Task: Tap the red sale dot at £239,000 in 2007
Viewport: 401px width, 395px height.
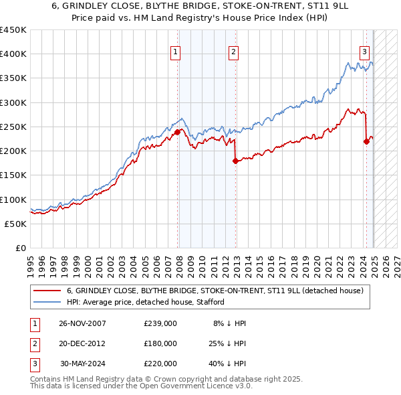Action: tap(178, 133)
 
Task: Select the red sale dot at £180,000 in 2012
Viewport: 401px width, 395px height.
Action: tap(235, 161)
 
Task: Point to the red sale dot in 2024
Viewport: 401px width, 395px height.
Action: tap(366, 141)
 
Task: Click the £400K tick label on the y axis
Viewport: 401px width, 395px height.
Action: tap(14, 54)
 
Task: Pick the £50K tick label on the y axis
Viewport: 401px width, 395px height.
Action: tap(17, 224)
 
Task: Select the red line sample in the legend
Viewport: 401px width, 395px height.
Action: tap(47, 291)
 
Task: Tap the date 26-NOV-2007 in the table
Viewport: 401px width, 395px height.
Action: tap(82, 323)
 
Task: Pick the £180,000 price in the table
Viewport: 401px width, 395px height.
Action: tap(160, 343)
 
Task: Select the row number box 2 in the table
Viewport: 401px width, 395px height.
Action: tap(33, 343)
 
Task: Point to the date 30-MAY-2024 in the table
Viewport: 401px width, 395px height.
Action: tap(83, 364)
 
